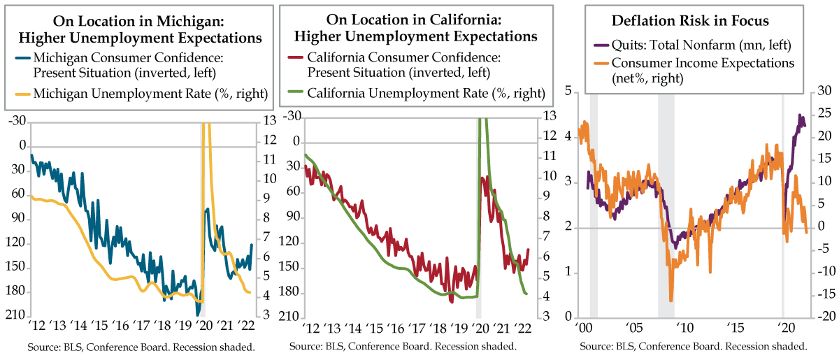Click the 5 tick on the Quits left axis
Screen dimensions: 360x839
tap(569, 92)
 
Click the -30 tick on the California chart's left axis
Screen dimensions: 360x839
tap(293, 116)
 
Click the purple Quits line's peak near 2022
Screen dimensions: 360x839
tap(800, 116)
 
